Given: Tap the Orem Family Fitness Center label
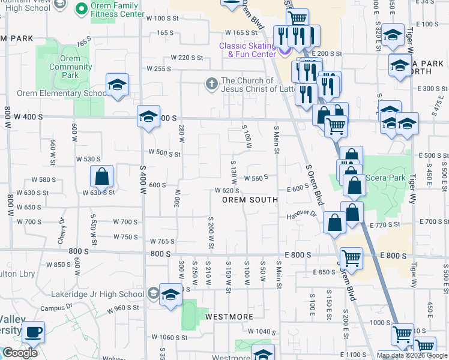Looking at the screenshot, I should (118, 10).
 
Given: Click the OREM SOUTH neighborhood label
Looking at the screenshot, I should (250, 199).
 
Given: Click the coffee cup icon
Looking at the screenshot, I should (34, 331).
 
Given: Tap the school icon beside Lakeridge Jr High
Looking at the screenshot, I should (170, 295).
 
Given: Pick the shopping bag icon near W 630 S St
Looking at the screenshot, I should (101, 177).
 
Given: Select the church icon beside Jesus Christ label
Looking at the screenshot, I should (211, 83).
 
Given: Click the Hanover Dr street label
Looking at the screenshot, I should (301, 214).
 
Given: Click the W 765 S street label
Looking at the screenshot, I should (162, 241).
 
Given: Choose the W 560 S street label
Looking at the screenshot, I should (256, 178).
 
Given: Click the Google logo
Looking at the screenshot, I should (20, 353).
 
